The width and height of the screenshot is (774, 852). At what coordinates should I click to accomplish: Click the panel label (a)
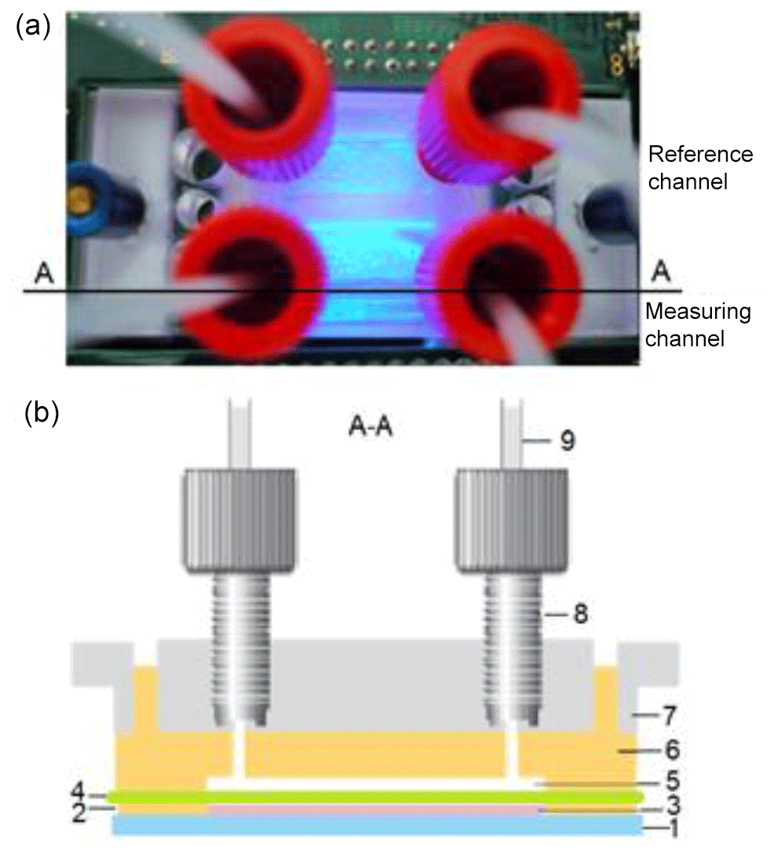pyautogui.click(x=33, y=28)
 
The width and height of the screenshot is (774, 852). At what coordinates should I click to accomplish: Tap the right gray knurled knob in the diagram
pyautogui.click(x=512, y=518)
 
